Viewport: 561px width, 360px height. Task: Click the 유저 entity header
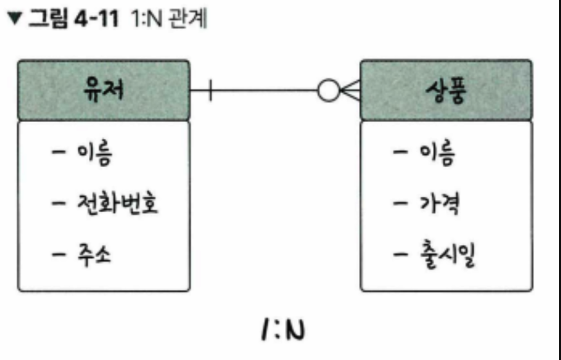click(x=104, y=91)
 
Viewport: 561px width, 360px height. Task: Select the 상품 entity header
click(x=446, y=91)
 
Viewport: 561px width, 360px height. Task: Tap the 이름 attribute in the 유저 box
click(x=94, y=154)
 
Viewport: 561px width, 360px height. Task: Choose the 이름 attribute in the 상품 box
click(x=437, y=154)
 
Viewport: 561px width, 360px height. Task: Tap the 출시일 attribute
click(x=446, y=255)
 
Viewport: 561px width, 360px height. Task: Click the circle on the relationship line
click(x=328, y=92)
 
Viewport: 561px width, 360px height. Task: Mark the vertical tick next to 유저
click(x=210, y=92)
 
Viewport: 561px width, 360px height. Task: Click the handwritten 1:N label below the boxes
click(x=281, y=331)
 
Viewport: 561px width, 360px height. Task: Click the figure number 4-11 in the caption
click(x=95, y=19)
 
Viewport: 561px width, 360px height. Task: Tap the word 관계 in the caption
click(x=189, y=19)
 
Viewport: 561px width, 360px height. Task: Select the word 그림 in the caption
click(x=44, y=19)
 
